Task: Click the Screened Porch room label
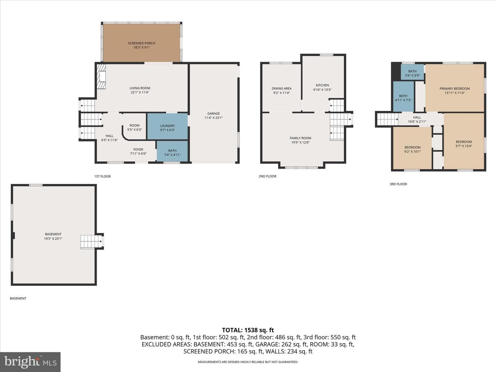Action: (142, 43)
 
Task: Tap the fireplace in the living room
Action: (102, 76)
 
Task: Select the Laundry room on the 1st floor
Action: (167, 126)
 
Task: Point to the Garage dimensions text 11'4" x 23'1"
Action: (214, 118)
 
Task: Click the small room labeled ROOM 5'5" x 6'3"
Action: (134, 126)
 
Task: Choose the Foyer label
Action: (138, 149)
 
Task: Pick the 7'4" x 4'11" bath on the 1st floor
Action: (172, 151)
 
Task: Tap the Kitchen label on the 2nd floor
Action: (322, 85)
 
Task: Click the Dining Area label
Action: (281, 89)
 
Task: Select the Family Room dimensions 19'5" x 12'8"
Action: (300, 143)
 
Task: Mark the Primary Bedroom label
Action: (454, 89)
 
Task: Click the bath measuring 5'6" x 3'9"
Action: (412, 72)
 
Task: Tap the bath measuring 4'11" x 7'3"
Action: (403, 96)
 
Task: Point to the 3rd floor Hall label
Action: (417, 117)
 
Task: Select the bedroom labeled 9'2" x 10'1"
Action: (412, 148)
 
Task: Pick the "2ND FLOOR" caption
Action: (268, 176)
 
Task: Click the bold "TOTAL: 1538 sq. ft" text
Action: (248, 330)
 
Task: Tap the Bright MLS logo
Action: (30, 362)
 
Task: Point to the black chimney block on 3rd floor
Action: (396, 71)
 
